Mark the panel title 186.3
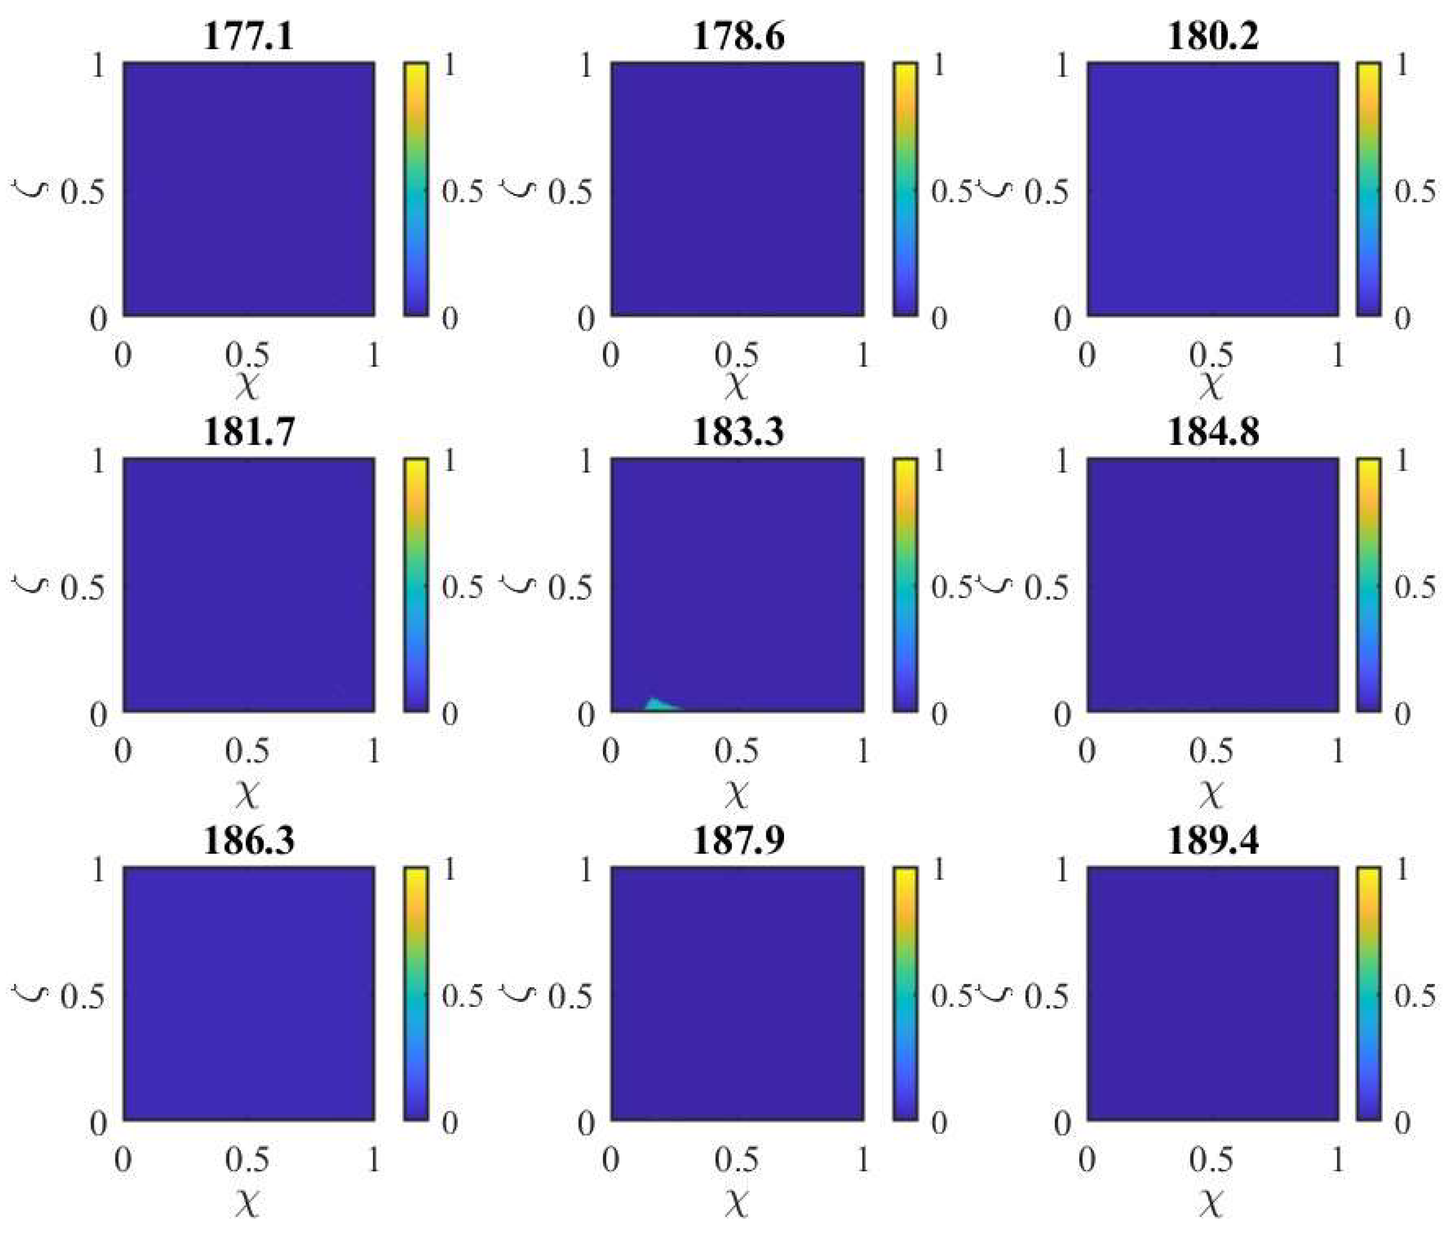coord(249,840)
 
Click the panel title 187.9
coord(738,840)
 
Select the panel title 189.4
coord(1213,840)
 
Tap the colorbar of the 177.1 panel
coord(416,190)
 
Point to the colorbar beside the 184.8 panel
coord(1368,585)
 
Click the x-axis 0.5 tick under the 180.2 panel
coord(1211,356)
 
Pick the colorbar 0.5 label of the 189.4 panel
coord(1415,995)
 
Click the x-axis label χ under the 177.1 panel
coord(248,385)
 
